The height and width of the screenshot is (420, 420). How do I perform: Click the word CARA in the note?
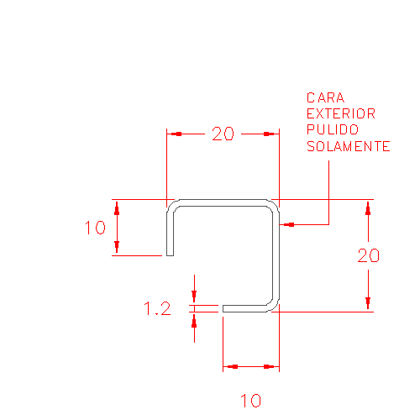point(325,97)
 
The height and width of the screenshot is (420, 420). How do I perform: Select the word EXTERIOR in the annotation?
point(341,113)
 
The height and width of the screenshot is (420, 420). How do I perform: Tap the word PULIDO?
point(333,129)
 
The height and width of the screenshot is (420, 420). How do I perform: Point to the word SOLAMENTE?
point(348,146)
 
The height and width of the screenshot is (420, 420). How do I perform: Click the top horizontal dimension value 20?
point(223,134)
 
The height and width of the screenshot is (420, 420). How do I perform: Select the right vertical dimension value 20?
point(368,255)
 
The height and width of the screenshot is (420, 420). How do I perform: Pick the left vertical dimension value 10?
point(95,228)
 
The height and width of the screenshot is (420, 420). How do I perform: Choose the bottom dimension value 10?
point(251,401)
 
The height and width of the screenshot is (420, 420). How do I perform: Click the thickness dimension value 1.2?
point(157,308)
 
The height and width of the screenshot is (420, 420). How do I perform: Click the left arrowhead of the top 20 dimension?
point(174,134)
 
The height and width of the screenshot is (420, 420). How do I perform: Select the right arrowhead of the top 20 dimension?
point(271,134)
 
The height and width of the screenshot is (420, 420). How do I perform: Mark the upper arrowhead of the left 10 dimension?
point(117,207)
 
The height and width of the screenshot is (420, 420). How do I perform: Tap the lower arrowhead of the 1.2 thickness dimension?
point(194,320)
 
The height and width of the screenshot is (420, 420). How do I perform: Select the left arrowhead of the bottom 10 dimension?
point(230,366)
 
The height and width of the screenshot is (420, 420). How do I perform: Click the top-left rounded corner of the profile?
point(171,203)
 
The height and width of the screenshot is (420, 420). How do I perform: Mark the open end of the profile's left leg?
point(170,255)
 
